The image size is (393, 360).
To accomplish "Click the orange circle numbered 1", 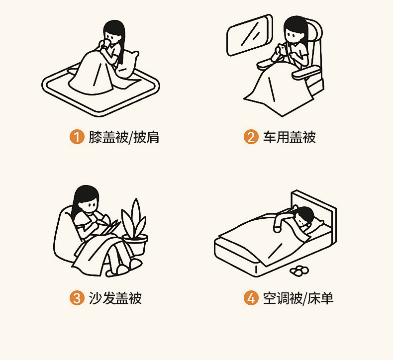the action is pyautogui.click(x=77, y=137).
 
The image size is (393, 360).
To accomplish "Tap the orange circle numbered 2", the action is pyautogui.click(x=251, y=137).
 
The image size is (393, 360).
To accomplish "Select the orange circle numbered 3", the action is pyautogui.click(x=77, y=298).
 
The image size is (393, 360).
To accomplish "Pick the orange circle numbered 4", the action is pyautogui.click(x=251, y=298).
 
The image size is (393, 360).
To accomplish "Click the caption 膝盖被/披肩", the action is pyautogui.click(x=124, y=137).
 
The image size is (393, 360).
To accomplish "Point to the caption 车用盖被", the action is pyautogui.click(x=289, y=137).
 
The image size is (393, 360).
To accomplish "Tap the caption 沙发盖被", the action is pyautogui.click(x=115, y=298).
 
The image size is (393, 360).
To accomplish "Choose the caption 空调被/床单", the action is pyautogui.click(x=298, y=298).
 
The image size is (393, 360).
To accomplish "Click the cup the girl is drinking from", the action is pyautogui.click(x=106, y=44).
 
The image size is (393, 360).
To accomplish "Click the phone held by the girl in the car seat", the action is pyautogui.click(x=282, y=49).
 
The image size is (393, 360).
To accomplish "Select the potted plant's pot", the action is pyautogui.click(x=135, y=244).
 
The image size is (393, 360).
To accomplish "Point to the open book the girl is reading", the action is pyautogui.click(x=108, y=227).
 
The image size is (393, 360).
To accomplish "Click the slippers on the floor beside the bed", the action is pyautogui.click(x=299, y=270).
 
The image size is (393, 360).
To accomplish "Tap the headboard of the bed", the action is pyautogui.click(x=314, y=216).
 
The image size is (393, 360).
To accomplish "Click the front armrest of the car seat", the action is pyautogui.click(x=306, y=73).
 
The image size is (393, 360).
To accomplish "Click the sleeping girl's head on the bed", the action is pyautogui.click(x=304, y=217).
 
